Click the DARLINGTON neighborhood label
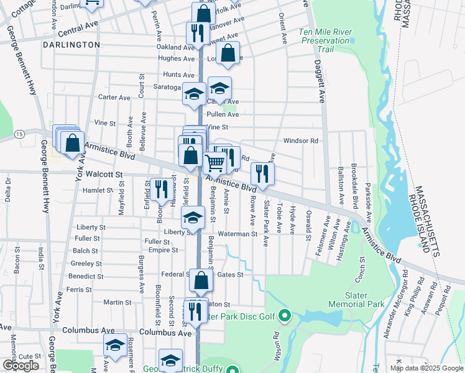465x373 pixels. [71, 45]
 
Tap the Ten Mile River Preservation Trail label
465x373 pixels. [325, 40]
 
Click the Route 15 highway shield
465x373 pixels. [20, 134]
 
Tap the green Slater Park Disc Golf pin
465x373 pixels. [285, 316]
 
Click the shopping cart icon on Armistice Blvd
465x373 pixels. [214, 163]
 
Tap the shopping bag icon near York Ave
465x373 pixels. [72, 142]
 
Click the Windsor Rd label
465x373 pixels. [300, 140]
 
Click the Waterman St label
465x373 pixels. [237, 234]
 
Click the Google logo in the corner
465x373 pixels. [21, 366]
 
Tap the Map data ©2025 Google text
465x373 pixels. [426, 368]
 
